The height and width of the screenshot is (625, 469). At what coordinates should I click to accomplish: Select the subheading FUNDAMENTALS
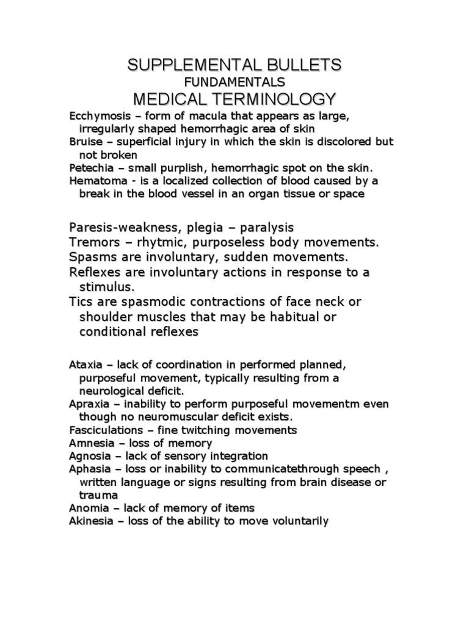[234, 82]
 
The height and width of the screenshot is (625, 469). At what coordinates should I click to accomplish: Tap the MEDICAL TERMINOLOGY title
[234, 98]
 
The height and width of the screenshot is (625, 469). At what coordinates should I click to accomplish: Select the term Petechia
[90, 168]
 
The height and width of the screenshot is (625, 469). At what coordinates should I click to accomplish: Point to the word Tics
[81, 302]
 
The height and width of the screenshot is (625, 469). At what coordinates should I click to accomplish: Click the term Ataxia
[85, 365]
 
